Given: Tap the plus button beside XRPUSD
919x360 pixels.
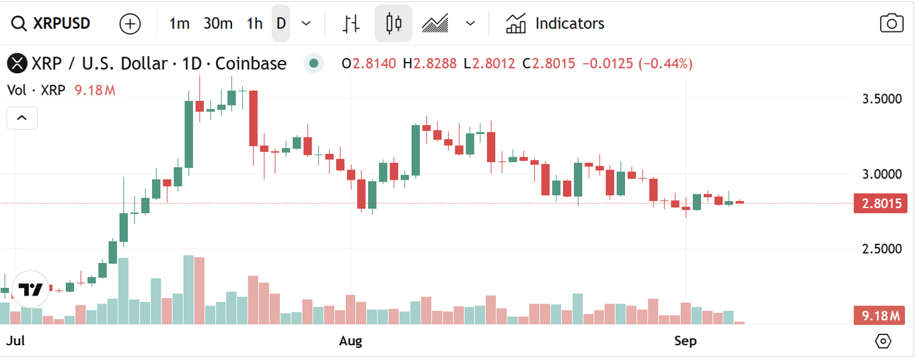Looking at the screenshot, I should click(x=130, y=24).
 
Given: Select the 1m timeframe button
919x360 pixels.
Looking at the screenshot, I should click(x=179, y=24).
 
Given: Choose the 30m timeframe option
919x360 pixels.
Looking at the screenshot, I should click(x=218, y=24).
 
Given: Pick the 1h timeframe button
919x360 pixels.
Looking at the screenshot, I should click(x=254, y=24).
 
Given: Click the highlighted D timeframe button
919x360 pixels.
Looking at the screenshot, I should click(x=281, y=24).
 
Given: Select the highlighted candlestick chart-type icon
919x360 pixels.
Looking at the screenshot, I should click(x=394, y=24).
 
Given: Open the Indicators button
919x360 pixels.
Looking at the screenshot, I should click(x=555, y=24).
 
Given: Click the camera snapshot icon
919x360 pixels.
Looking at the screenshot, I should click(x=891, y=24).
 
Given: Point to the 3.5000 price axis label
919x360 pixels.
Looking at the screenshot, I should click(x=882, y=99).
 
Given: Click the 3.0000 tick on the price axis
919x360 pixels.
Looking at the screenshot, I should click(x=882, y=174).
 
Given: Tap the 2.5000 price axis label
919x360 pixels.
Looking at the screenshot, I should click(x=882, y=248).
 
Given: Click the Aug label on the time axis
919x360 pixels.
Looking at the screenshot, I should click(x=351, y=341).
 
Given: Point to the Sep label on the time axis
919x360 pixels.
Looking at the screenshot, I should click(x=685, y=341).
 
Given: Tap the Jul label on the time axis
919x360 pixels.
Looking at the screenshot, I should click(x=15, y=341).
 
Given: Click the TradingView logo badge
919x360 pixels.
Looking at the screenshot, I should click(x=30, y=290).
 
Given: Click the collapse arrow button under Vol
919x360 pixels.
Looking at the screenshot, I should click(x=22, y=118).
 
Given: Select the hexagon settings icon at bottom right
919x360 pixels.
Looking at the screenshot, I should click(x=883, y=341).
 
